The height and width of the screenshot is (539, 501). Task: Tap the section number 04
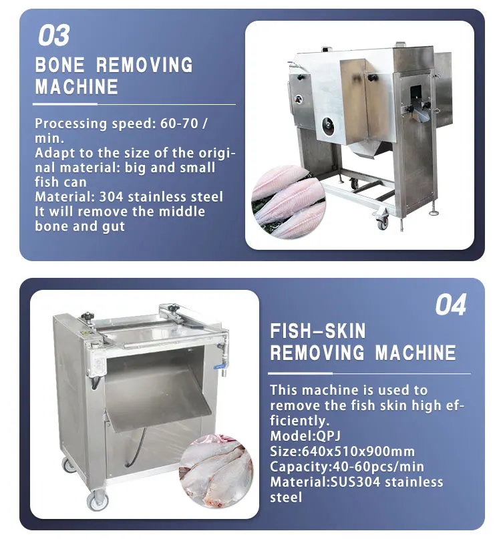450,305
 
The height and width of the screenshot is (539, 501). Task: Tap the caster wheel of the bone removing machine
383,222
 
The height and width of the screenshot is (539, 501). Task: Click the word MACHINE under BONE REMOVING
77,87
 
